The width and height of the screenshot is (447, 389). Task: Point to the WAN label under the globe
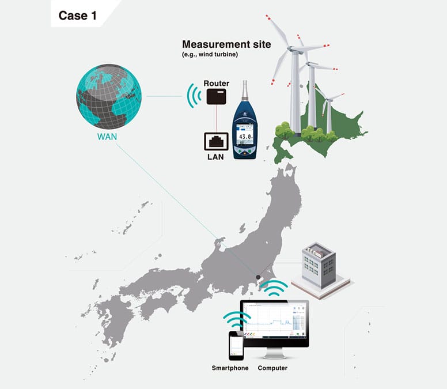[108, 137]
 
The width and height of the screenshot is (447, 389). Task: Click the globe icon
[108, 97]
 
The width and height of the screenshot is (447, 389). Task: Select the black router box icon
[217, 96]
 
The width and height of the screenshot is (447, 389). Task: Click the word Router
[217, 84]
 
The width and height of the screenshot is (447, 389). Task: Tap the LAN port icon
[217, 140]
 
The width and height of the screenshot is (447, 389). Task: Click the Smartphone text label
[230, 368]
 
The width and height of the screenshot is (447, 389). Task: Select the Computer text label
[272, 368]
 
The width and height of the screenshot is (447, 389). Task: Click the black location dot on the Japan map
[258, 277]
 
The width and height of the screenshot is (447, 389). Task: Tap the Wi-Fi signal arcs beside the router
[192, 95]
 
